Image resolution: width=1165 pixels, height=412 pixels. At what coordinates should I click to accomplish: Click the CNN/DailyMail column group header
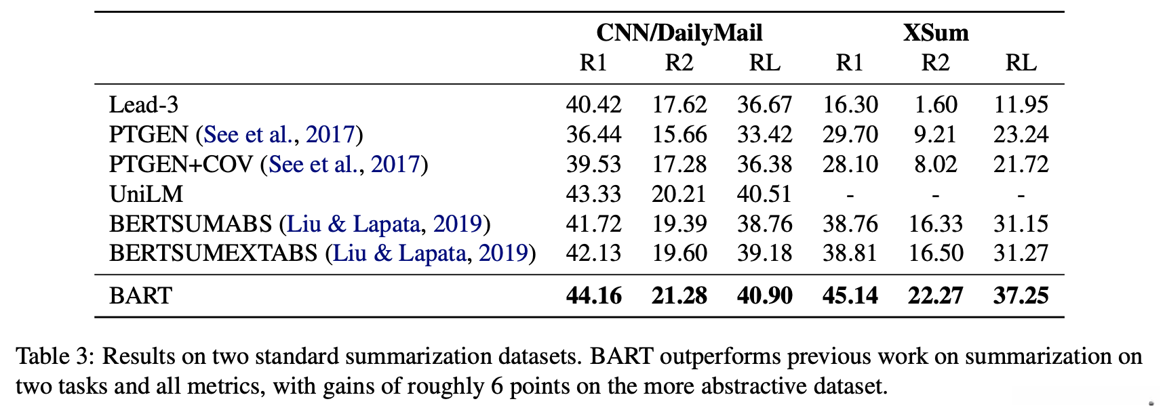679,33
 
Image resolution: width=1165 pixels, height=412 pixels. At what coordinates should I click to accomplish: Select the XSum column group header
935,33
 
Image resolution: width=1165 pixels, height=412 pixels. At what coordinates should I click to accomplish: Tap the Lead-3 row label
144,104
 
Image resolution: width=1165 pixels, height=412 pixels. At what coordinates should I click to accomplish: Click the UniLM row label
146,194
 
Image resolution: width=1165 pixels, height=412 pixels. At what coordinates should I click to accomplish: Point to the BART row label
141,295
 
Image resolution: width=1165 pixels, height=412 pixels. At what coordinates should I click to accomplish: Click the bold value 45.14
850,295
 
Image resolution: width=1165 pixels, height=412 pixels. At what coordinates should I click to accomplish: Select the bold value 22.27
935,295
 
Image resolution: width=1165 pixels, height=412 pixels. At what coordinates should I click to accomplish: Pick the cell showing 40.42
593,104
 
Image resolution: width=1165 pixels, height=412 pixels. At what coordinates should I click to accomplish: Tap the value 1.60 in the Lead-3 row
935,104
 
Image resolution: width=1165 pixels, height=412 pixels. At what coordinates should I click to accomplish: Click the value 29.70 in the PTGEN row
850,134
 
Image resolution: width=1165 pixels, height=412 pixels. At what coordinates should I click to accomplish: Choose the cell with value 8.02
935,164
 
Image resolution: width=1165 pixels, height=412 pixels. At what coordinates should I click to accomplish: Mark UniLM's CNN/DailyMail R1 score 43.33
593,194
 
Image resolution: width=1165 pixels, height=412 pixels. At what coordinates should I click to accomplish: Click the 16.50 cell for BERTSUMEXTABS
935,253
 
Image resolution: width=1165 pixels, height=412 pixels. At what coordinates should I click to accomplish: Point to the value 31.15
1021,224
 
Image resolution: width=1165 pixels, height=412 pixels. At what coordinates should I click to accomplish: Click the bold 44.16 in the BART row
593,295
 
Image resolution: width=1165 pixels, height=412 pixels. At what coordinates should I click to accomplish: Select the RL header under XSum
1021,62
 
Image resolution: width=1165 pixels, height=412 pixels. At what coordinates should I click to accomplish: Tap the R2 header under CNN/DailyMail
679,62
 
